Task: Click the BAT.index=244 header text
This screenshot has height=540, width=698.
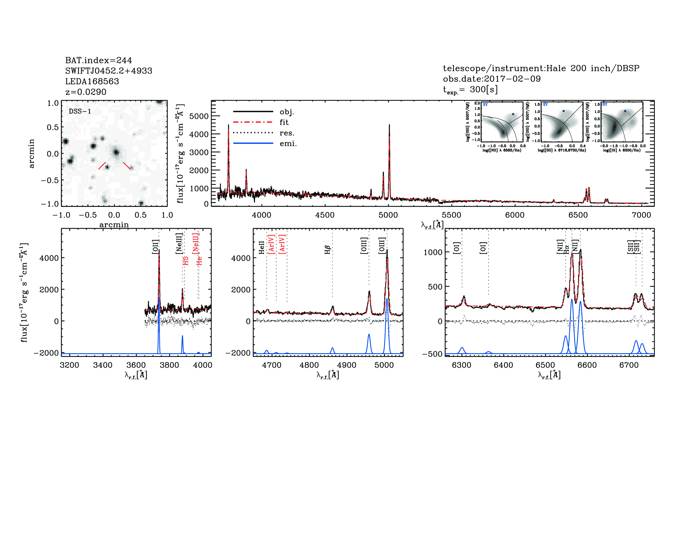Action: pyautogui.click(x=98, y=60)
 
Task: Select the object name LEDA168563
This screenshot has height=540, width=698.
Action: pyautogui.click(x=92, y=81)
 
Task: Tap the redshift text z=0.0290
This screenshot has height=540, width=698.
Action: pyautogui.click(x=86, y=92)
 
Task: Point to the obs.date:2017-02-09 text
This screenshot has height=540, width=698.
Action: pyautogui.click(x=492, y=79)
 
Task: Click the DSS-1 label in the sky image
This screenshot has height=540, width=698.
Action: pyautogui.click(x=80, y=111)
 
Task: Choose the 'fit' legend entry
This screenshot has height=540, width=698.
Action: pyautogui.click(x=284, y=122)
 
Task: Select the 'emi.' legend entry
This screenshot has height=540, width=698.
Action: pyautogui.click(x=288, y=144)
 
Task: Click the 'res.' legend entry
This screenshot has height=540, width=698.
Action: pyautogui.click(x=287, y=133)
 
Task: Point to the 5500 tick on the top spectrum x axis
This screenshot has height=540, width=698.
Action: pyautogui.click(x=451, y=215)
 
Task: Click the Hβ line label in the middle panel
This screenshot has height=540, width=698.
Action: pyautogui.click(x=327, y=249)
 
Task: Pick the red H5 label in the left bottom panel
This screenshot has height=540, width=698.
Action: pyautogui.click(x=186, y=261)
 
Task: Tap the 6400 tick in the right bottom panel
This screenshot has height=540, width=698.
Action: pyautogui.click(x=503, y=365)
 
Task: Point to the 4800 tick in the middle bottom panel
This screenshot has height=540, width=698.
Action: pyautogui.click(x=309, y=365)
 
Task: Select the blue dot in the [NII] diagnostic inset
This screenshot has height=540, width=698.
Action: pyautogui.click(x=513, y=114)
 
